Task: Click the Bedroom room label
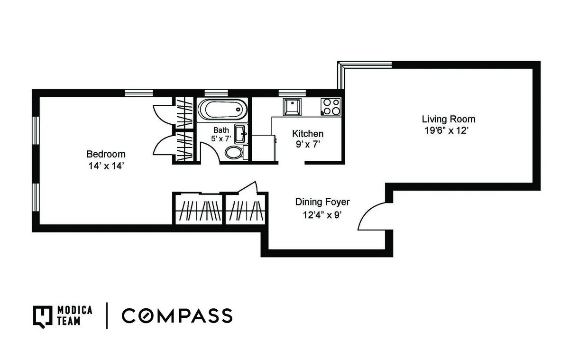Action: (x=106, y=154)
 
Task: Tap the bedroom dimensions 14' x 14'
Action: (x=106, y=166)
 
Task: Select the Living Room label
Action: (x=449, y=119)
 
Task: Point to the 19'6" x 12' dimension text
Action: (x=449, y=131)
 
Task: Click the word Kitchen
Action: (x=308, y=134)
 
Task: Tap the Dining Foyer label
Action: (x=322, y=202)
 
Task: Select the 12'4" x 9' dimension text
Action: (x=322, y=214)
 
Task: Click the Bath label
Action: (x=221, y=130)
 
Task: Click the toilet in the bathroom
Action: (x=234, y=152)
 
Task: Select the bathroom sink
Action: (x=241, y=134)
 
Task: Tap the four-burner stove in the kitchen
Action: (x=330, y=107)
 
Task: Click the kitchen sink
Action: (x=291, y=107)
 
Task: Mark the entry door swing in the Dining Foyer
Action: (x=372, y=216)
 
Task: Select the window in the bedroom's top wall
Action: (x=139, y=93)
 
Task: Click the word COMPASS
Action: (x=177, y=315)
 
